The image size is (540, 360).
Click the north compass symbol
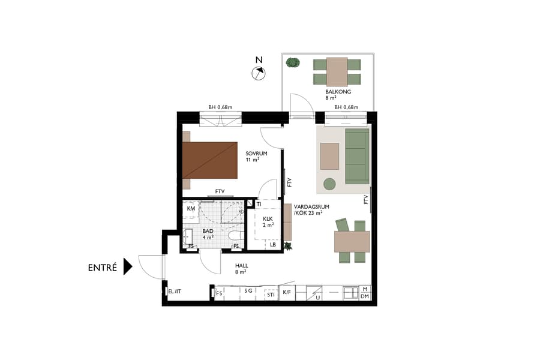point(259,73)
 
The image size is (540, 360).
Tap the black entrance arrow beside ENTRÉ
point(127,266)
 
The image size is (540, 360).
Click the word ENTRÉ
point(102,268)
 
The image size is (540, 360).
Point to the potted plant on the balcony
point(293,62)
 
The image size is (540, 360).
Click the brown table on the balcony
point(337,71)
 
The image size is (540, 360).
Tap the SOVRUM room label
point(256,154)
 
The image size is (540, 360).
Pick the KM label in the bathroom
point(191,208)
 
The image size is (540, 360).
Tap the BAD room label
point(208,230)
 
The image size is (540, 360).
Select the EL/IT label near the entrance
point(174,292)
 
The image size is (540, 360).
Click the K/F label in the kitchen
point(287,292)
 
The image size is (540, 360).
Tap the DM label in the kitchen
point(365,296)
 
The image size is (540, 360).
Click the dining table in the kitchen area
point(352,241)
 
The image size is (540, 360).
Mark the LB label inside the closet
point(273,244)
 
